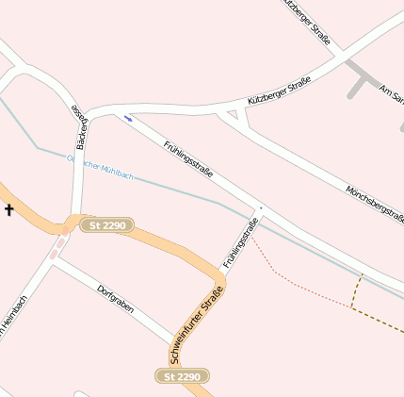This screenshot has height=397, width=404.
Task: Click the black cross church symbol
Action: coord(9,208)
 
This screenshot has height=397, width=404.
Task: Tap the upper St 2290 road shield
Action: coord(107,225)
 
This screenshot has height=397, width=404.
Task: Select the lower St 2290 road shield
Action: coord(183,376)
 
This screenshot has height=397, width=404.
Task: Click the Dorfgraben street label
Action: coord(116,299)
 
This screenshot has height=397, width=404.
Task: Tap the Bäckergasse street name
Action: coord(80,128)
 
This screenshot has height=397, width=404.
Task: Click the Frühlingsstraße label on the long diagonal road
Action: coord(188,159)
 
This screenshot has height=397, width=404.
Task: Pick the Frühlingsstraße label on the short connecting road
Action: coord(241,242)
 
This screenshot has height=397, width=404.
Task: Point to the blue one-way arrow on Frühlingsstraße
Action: coord(128,119)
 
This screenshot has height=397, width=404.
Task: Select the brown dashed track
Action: coord(377,321)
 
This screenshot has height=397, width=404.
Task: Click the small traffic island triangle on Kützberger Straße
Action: coord(234,115)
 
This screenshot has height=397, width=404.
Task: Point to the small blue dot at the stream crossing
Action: coord(261,208)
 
